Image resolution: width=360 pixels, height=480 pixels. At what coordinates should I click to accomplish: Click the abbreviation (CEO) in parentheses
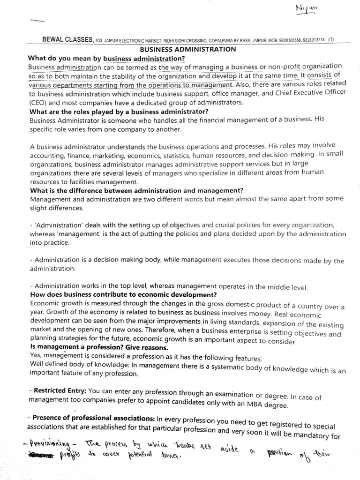pos(38,103)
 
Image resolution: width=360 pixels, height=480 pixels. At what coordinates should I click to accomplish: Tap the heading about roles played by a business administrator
pos(119,112)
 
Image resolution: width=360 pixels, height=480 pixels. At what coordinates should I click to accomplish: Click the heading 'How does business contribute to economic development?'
pos(123,295)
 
